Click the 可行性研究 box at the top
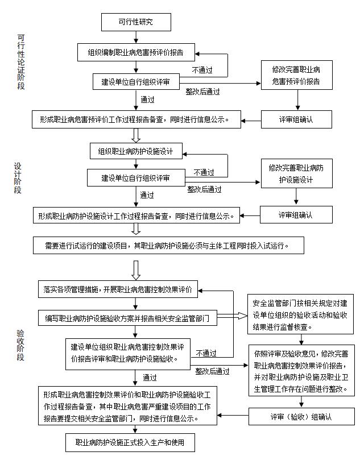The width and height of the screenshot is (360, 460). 135,22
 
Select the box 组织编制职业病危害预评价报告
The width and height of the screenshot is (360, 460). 135,52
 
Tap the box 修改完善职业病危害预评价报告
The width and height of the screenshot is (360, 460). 296,76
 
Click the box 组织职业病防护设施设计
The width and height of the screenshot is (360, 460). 135,152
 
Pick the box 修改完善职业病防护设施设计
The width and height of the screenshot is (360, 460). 296,173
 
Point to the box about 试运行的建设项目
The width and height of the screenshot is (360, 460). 167,246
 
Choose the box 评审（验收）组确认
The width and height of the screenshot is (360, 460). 301,417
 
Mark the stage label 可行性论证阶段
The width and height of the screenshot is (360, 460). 21,63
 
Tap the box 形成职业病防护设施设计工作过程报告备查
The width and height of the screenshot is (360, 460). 136,216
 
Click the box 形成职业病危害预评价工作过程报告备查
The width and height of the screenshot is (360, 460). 136,120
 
